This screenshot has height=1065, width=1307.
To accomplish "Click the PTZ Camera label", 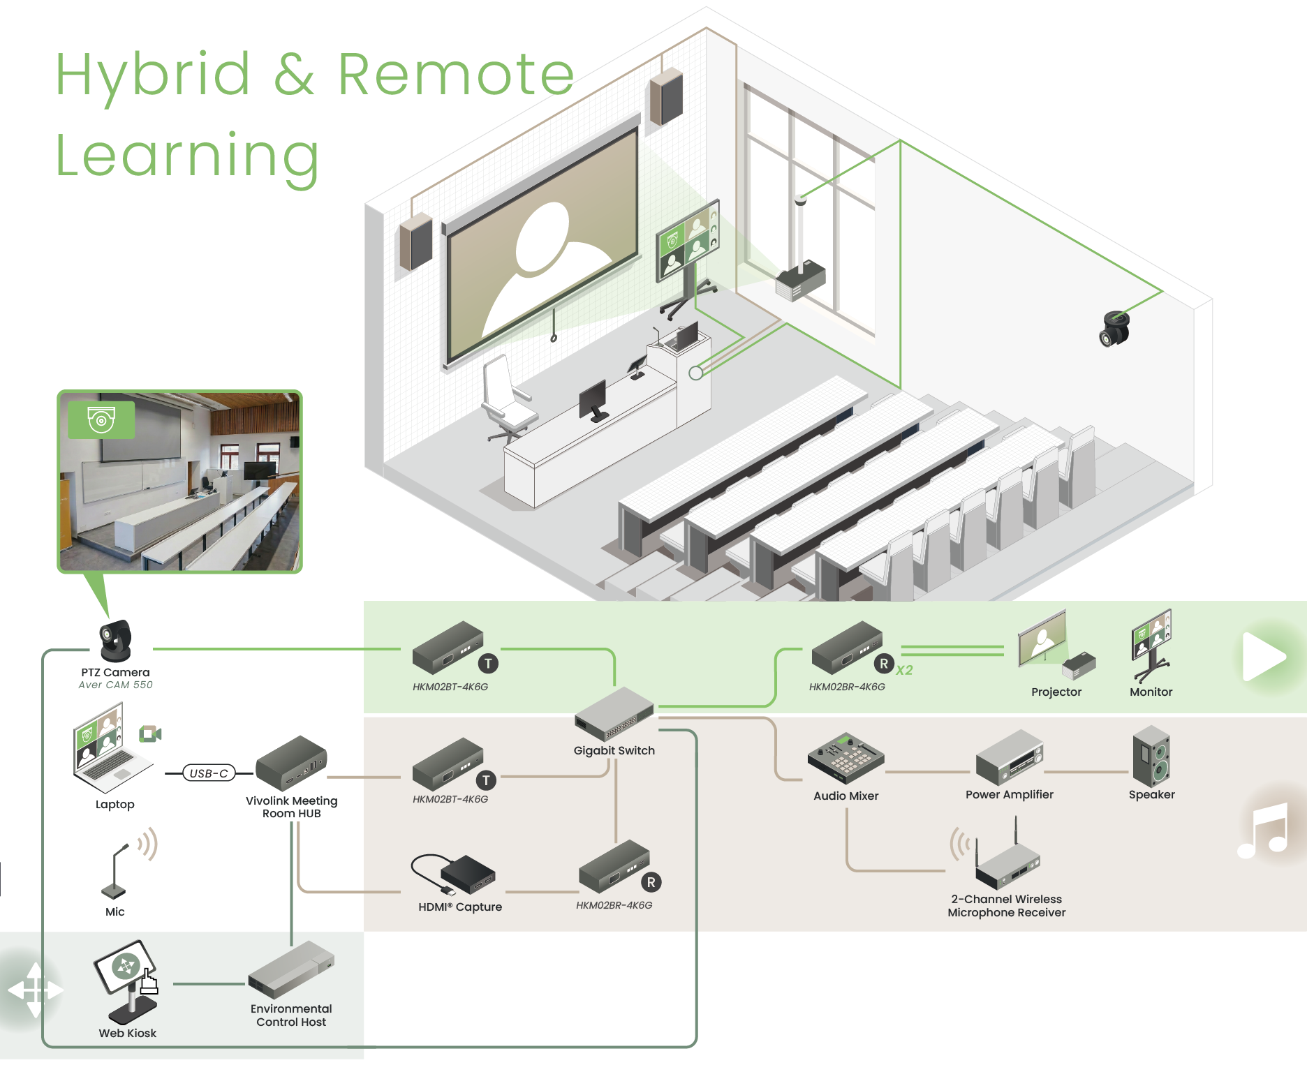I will [x=115, y=673].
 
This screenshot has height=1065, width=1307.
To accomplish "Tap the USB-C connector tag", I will [x=209, y=773].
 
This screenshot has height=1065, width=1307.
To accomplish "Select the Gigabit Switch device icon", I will [x=613, y=713].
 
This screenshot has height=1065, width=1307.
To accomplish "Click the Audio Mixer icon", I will [x=846, y=759].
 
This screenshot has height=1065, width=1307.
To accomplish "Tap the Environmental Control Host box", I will [x=291, y=970].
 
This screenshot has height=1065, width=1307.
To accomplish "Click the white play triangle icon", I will [x=1262, y=657].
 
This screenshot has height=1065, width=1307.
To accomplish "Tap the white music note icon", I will [x=1262, y=831].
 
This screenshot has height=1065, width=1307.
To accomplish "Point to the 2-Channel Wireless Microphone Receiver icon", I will [x=1007, y=861].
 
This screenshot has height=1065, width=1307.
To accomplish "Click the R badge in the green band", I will [x=884, y=664].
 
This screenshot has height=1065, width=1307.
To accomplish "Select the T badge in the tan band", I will [x=486, y=781].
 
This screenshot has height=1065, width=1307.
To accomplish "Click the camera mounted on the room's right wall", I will [x=1114, y=328].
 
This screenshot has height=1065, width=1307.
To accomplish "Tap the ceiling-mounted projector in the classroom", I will [x=801, y=280].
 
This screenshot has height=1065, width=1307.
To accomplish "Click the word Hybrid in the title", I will [x=153, y=75].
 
